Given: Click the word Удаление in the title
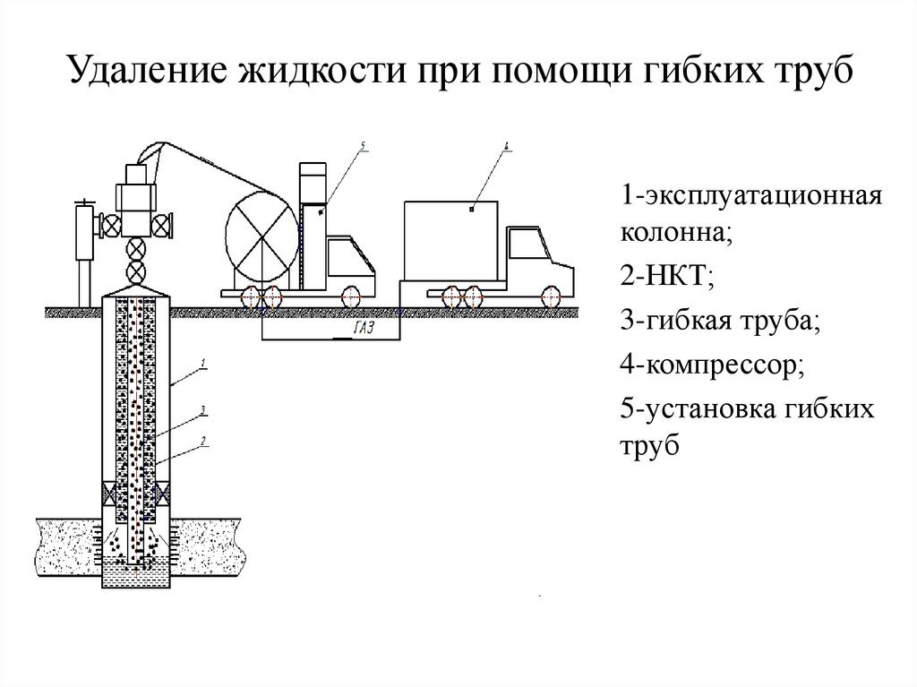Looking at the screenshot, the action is pyautogui.click(x=146, y=71).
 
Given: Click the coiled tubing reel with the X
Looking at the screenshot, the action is pyautogui.click(x=261, y=231).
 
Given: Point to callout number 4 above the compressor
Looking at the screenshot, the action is pyautogui.click(x=507, y=144).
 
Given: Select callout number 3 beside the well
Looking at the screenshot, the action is pyautogui.click(x=203, y=410).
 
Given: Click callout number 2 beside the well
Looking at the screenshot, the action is pyautogui.click(x=203, y=440).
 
